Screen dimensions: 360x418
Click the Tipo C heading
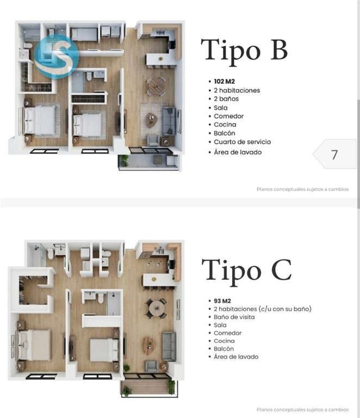[x=246, y=272]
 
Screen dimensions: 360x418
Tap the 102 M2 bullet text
[x=225, y=81]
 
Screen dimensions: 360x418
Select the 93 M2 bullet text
[x=222, y=301]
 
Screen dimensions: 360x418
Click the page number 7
[x=334, y=155]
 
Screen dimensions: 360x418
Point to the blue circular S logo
[x=57, y=57]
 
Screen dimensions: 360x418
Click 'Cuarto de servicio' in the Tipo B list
[x=243, y=142]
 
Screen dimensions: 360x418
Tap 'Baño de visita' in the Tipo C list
[x=234, y=317]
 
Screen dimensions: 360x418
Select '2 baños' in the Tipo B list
[x=226, y=99]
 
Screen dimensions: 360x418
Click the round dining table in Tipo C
[x=156, y=309]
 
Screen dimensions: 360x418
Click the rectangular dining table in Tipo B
[x=156, y=87]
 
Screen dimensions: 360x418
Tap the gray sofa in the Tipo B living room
[x=169, y=121]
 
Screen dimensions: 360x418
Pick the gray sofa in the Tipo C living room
[x=169, y=346]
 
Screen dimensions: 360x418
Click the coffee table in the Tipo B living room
[x=151, y=120]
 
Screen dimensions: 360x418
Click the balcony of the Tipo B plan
[x=148, y=161]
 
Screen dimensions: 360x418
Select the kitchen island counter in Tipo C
[x=159, y=280]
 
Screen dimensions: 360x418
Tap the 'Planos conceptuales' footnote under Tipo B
[x=302, y=189]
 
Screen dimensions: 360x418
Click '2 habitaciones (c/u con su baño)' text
[x=263, y=309]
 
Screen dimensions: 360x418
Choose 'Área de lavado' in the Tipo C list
[x=236, y=356]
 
